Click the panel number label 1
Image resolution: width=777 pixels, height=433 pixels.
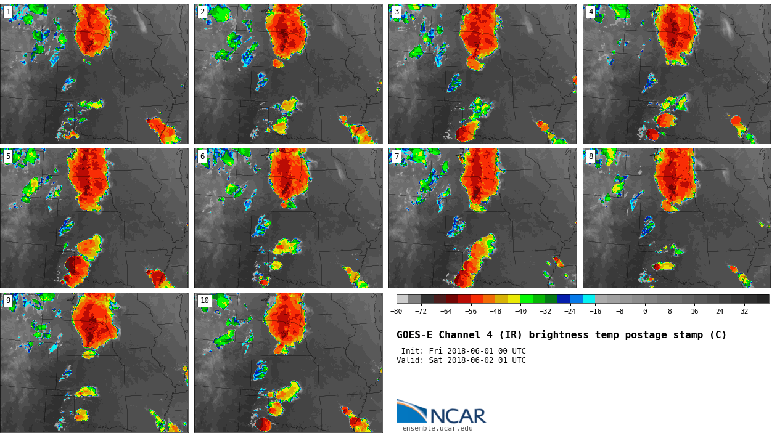click(x=8, y=12)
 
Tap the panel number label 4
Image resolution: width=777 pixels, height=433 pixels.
click(x=591, y=12)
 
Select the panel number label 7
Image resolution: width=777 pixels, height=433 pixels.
click(x=397, y=156)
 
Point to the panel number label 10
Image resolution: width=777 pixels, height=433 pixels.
click(x=204, y=301)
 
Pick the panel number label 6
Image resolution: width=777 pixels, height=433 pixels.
click(x=202, y=156)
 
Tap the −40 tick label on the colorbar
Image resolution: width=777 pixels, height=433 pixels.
click(x=520, y=312)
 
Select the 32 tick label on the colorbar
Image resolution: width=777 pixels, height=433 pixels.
click(x=744, y=312)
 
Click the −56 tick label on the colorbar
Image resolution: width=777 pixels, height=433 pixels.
click(x=471, y=312)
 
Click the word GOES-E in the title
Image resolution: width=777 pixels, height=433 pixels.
click(x=414, y=335)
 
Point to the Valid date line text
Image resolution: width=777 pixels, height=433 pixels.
click(x=461, y=360)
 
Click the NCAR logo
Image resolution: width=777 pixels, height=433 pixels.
click(x=441, y=413)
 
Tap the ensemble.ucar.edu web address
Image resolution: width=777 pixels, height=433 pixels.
click(x=437, y=428)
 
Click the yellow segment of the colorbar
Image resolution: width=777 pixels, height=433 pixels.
click(x=514, y=299)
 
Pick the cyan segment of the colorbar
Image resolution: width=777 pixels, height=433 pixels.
click(x=589, y=299)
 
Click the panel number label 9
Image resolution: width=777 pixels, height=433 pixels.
click(x=8, y=301)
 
